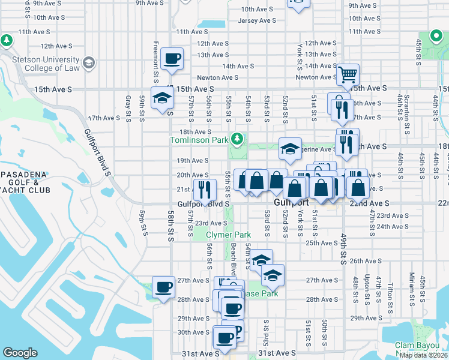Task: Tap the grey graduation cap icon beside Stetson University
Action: [89, 62]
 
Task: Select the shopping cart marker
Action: [348, 75]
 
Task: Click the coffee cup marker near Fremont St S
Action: [172, 59]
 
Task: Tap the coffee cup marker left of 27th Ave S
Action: [163, 287]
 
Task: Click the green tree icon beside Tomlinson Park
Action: [238, 140]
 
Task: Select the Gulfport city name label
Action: [291, 203]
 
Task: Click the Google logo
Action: [20, 353]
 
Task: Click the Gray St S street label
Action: [128, 108]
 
